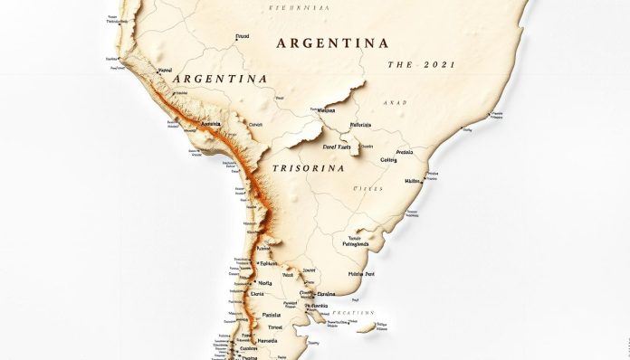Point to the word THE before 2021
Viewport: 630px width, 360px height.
tap(400, 65)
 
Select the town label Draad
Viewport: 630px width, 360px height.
tap(242, 37)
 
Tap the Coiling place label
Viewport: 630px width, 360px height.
tap(389, 160)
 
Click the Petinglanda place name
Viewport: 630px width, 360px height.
tap(355, 243)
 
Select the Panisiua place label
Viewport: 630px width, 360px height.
tap(272, 316)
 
